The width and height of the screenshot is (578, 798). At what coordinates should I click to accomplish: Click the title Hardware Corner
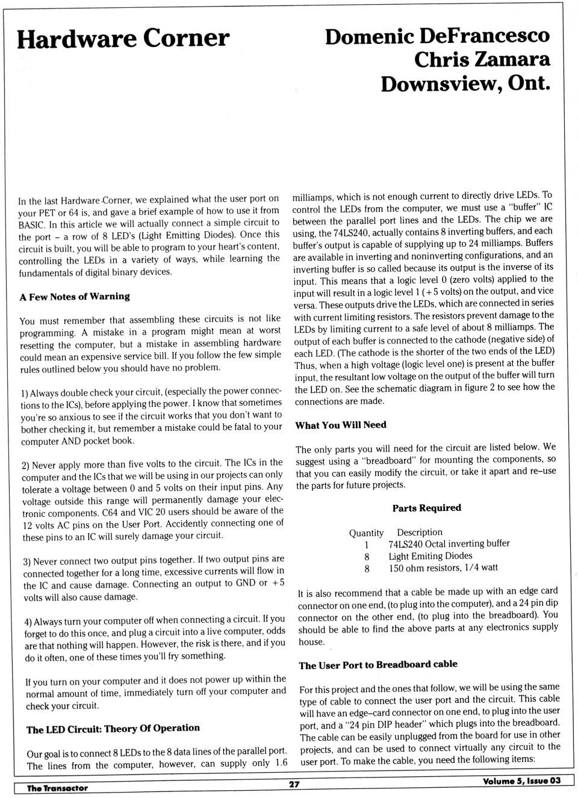tap(123, 39)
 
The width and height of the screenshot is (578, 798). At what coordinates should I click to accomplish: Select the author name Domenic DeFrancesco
tap(437, 36)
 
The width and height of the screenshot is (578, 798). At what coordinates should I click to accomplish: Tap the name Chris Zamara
tap(482, 60)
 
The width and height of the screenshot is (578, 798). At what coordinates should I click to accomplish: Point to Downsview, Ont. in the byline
tap(465, 83)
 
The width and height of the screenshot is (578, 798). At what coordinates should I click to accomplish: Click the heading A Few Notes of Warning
tap(75, 297)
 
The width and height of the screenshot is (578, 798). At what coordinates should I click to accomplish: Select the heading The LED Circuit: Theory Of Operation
tap(113, 729)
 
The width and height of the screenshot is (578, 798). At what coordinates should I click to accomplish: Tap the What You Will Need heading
tap(341, 425)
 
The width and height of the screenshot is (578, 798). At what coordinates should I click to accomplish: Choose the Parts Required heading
tap(426, 508)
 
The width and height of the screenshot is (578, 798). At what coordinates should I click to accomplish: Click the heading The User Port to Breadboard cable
tap(378, 665)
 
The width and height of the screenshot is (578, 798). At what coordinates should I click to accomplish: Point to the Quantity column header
tap(366, 533)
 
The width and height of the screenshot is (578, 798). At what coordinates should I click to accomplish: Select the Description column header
tap(420, 533)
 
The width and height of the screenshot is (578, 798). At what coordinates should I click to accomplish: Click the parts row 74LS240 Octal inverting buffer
tap(449, 544)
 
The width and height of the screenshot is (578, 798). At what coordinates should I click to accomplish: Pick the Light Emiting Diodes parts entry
tap(430, 556)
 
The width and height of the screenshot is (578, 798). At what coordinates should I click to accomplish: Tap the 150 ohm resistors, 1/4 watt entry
tap(443, 568)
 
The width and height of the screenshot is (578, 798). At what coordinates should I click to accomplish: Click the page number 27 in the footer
tap(294, 784)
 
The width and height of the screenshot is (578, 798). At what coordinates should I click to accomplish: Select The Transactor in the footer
tap(57, 788)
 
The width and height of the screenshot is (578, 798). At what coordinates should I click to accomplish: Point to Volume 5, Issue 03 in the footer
tap(521, 781)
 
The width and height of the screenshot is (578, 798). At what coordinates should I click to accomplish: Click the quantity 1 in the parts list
tap(366, 545)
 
